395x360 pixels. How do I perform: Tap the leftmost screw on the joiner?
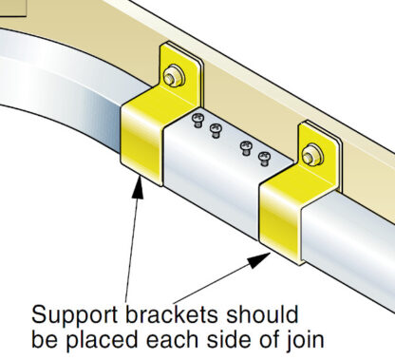pos(197,119)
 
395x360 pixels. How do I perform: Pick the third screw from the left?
pos(246,144)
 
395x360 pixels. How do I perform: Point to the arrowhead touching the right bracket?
pos(267,256)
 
